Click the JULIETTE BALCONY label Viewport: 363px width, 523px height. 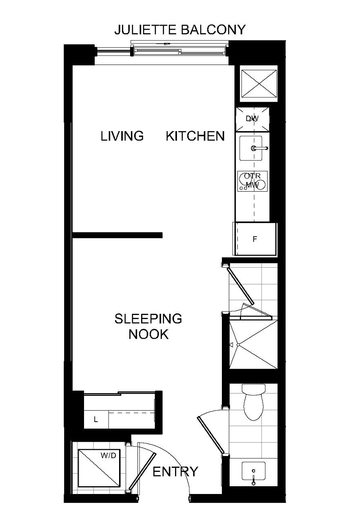(180, 30)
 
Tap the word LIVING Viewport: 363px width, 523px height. (122, 136)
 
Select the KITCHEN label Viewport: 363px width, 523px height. (195, 136)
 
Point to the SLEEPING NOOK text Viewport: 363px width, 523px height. (148, 326)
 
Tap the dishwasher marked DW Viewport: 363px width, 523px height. (252, 119)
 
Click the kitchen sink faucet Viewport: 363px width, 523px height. (259, 148)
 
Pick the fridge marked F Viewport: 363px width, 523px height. (255, 239)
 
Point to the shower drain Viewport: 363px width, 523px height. (238, 344)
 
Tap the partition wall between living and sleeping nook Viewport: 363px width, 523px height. (117, 235)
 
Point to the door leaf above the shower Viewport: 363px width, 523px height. (240, 285)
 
